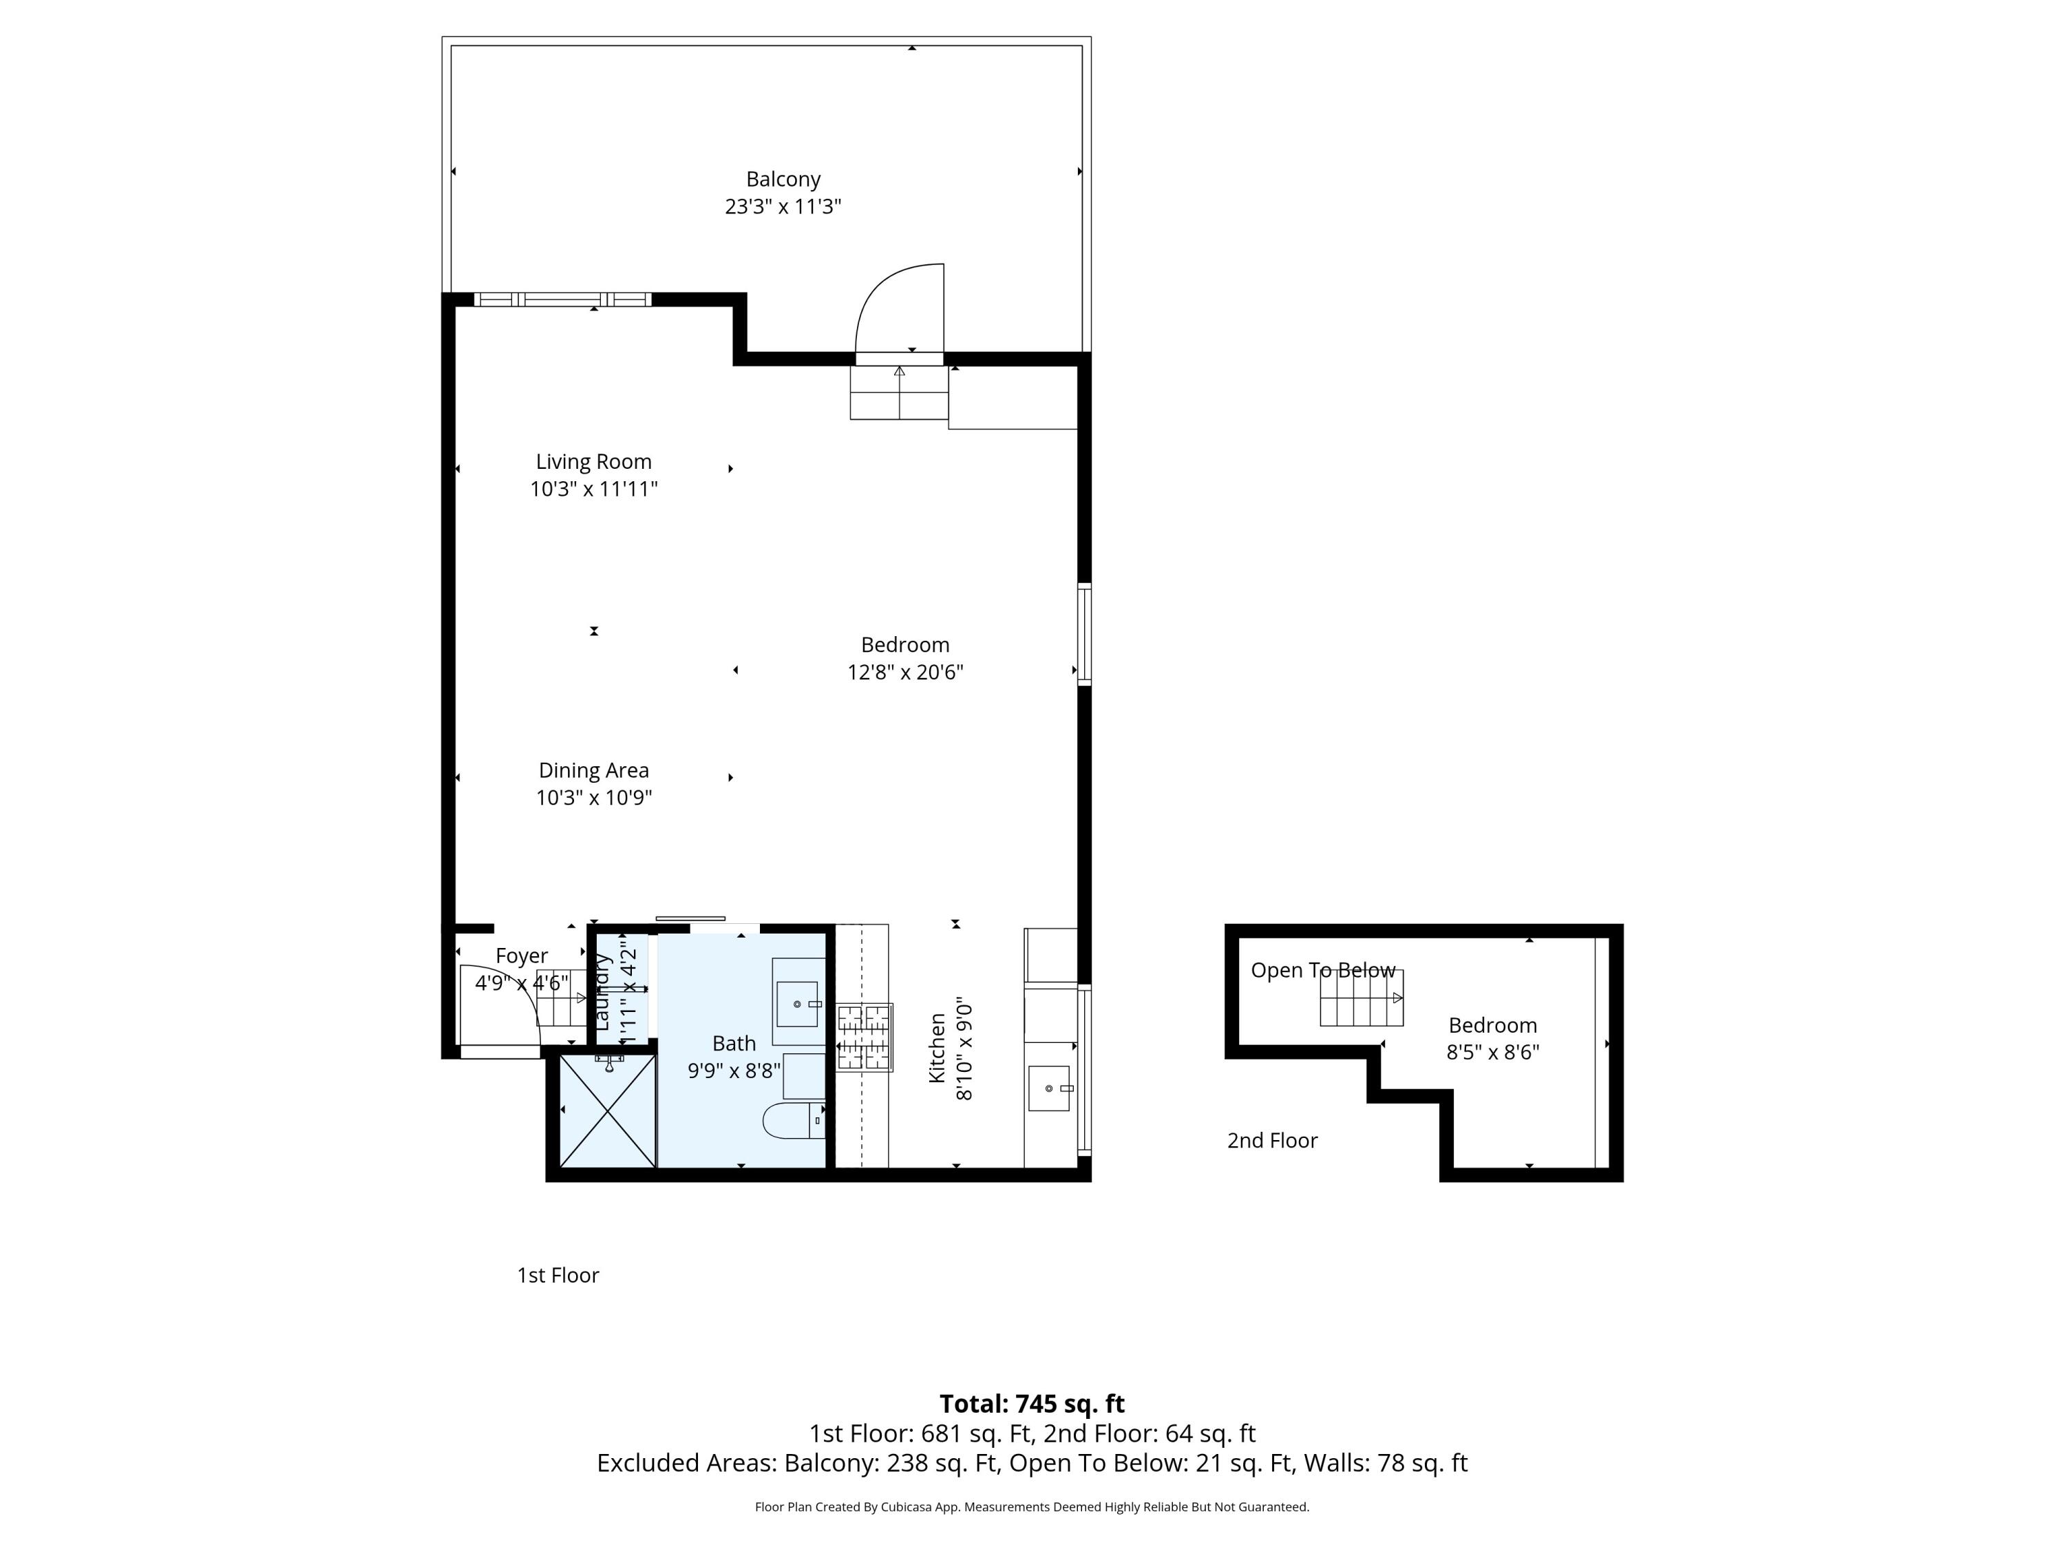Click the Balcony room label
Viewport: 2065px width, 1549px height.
(783, 179)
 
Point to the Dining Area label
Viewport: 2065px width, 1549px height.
(594, 770)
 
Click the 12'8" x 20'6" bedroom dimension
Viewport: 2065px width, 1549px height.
(904, 672)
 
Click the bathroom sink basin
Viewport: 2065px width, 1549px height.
(797, 1004)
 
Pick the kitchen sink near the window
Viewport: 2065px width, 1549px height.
(1048, 1088)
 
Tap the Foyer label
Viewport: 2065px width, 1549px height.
(521, 956)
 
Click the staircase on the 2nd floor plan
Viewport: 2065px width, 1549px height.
(1360, 998)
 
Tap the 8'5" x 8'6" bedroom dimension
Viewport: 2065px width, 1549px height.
(1492, 1052)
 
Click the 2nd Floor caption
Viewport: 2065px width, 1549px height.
(1271, 1140)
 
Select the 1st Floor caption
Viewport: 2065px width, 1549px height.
(558, 1274)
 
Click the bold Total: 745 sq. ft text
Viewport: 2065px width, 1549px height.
(1032, 1403)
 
